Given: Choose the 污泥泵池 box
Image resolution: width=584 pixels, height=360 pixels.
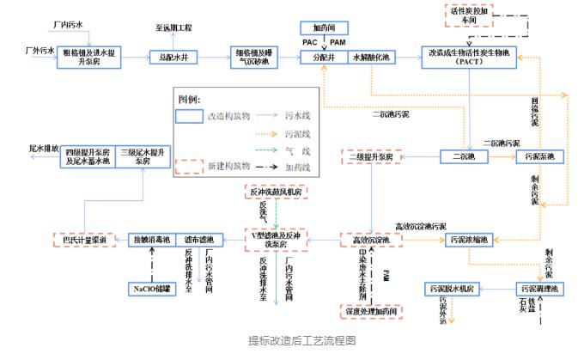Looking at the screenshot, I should pyautogui.click(x=539, y=156).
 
